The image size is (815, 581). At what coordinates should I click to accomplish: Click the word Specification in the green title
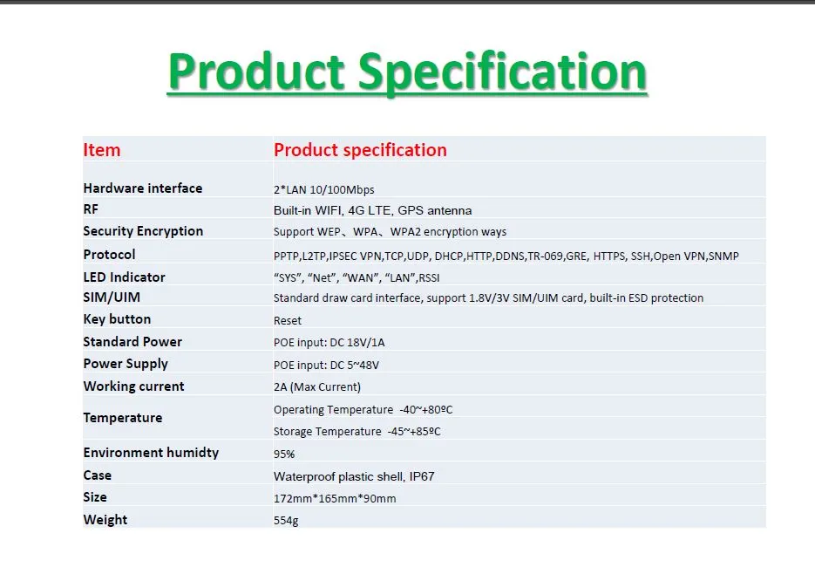click(503, 73)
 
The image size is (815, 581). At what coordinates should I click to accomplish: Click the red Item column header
click(102, 150)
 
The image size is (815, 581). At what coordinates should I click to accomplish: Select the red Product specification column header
click(360, 150)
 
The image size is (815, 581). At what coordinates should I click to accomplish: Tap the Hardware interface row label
click(142, 188)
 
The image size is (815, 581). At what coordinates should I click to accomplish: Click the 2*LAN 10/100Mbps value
click(323, 189)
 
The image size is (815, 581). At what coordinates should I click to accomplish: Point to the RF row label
click(91, 209)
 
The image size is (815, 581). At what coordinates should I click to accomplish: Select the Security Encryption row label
click(143, 231)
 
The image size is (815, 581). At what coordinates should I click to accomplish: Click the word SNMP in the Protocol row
click(723, 256)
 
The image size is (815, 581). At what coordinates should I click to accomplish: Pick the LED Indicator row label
click(124, 277)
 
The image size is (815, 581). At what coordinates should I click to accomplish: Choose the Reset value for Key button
click(288, 320)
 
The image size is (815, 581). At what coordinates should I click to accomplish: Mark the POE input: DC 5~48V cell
click(326, 365)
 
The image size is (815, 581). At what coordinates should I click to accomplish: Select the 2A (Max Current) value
click(316, 386)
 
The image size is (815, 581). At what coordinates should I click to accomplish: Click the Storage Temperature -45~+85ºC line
click(363, 432)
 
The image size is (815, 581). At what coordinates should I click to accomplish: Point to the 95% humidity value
click(284, 454)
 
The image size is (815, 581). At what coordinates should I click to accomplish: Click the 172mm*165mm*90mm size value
click(335, 498)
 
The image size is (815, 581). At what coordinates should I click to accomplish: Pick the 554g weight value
click(286, 521)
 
